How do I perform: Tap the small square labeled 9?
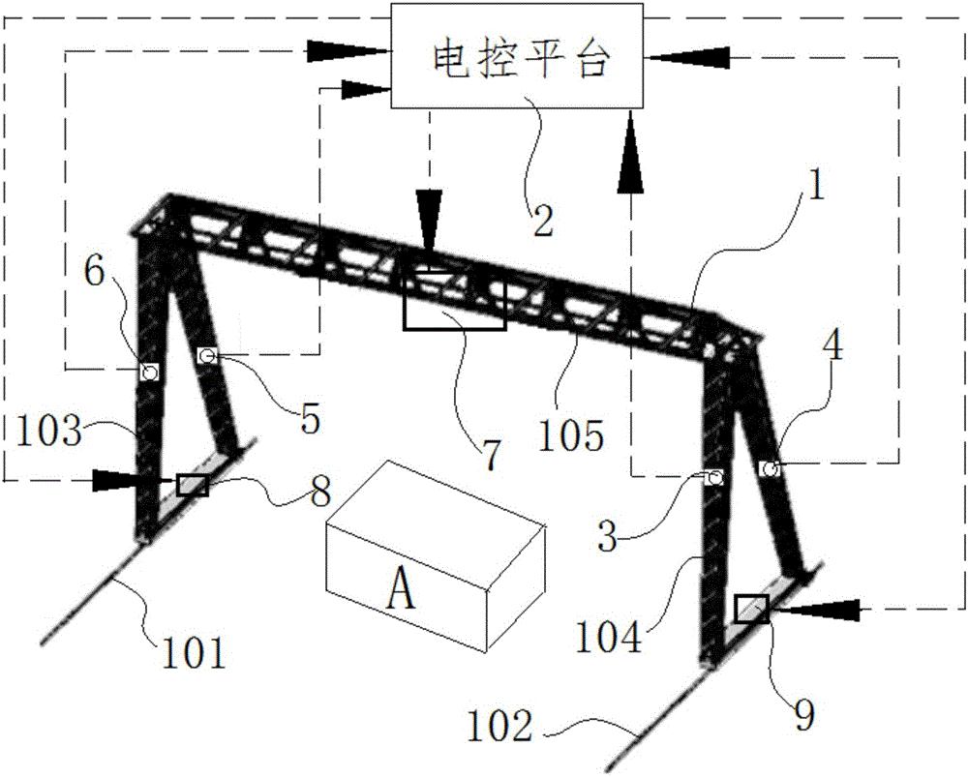coord(752,609)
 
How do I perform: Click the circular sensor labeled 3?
coord(714,478)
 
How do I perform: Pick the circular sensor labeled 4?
coord(771,469)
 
